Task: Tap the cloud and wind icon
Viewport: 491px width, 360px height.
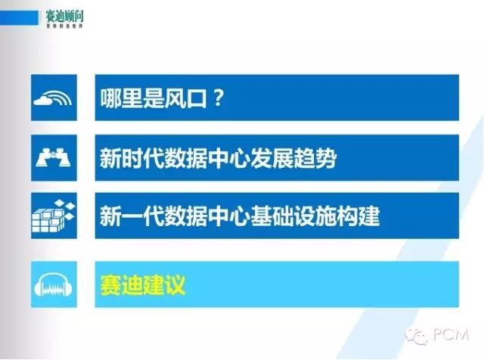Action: [x=54, y=98]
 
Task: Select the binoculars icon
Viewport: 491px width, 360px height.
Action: [x=54, y=157]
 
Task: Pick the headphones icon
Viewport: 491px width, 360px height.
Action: [x=54, y=285]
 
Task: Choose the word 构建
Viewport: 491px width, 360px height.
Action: [x=360, y=218]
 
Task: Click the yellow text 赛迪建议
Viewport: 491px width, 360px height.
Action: [x=143, y=285]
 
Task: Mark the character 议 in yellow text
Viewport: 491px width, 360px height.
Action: [x=176, y=285]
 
